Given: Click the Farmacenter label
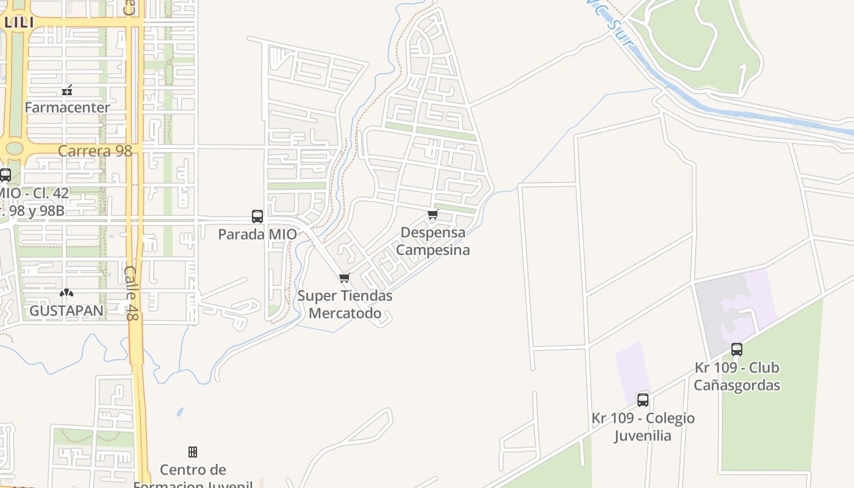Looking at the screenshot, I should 67,107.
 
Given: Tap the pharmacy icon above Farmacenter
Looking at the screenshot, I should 67,91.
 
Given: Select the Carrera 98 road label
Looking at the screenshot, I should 95,151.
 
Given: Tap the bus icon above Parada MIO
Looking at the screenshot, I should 257,216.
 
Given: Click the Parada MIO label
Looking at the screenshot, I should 257,234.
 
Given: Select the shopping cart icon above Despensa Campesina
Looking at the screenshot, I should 433,214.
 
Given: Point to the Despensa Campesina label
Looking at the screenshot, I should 433,242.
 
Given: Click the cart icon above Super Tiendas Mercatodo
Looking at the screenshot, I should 345,278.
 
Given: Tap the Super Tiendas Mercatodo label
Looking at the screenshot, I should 345,304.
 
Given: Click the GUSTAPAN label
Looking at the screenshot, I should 66,310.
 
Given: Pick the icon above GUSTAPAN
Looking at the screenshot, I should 66,293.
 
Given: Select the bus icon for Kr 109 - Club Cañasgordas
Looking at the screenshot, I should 737,350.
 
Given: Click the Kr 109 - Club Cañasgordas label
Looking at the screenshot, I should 737,376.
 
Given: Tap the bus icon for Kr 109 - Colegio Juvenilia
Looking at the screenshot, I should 643,400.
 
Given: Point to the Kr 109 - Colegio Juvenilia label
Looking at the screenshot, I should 643,427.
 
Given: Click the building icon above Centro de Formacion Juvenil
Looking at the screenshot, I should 193,452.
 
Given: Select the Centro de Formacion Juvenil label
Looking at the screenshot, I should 193,476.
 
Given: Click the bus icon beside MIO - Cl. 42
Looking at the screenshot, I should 5,175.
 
